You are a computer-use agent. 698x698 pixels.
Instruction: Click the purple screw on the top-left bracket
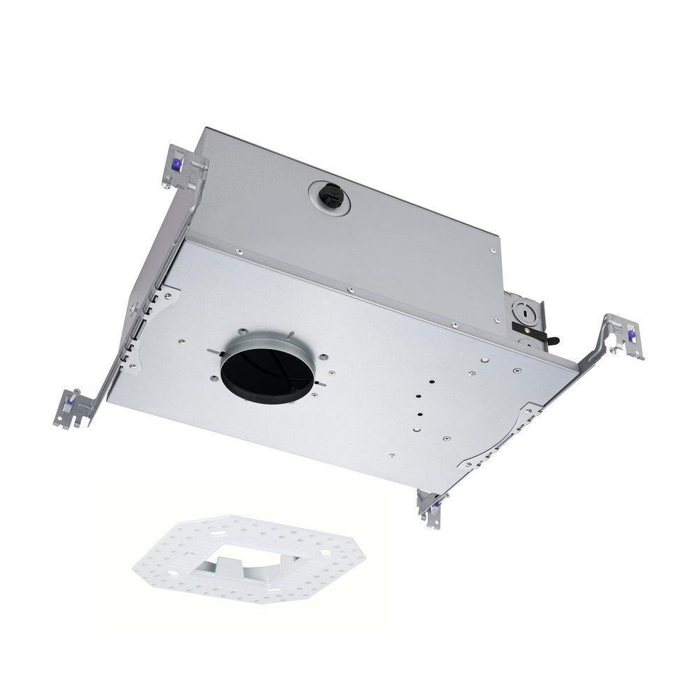coord(177,165)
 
